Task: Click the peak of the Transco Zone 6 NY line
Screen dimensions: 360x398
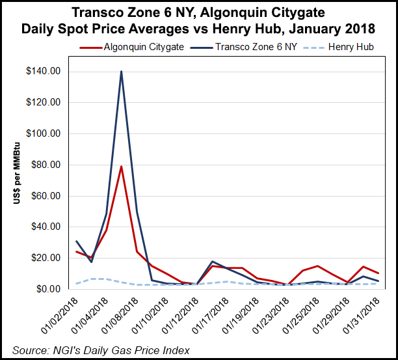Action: coord(121,72)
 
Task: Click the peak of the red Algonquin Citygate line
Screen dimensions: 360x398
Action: coord(121,166)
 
